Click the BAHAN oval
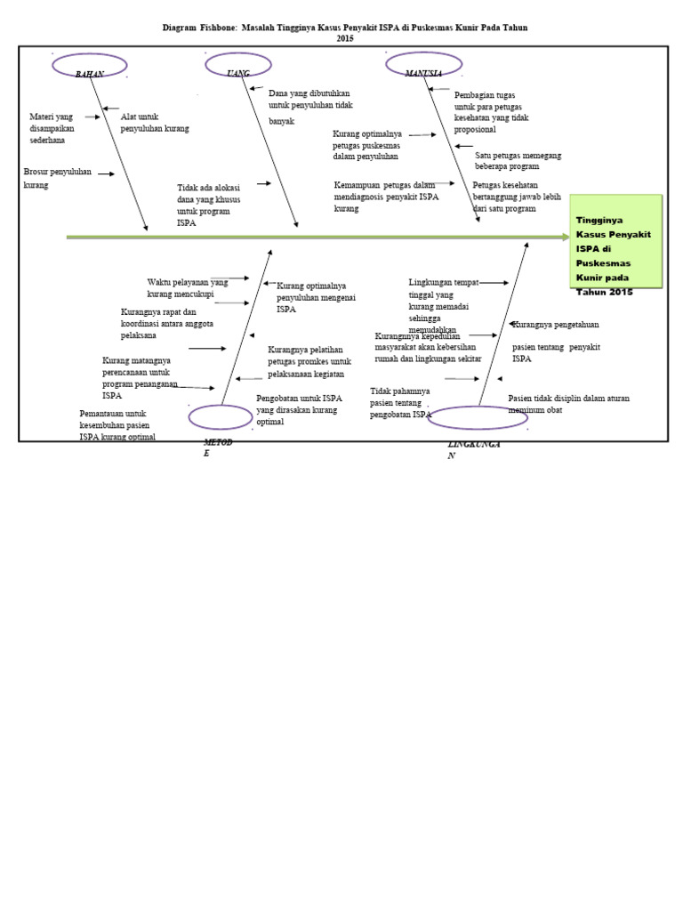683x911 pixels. [90, 65]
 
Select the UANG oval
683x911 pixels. [237, 65]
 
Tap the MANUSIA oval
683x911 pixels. [423, 64]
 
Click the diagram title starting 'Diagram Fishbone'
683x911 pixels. [345, 33]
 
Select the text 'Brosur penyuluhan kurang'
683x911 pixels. [57, 178]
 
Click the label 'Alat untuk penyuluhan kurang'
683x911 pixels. [155, 123]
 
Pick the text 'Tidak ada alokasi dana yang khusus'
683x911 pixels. [208, 206]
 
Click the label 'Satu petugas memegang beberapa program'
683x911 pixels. [518, 160]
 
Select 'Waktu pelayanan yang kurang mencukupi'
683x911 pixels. [188, 287]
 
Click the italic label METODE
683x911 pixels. [218, 447]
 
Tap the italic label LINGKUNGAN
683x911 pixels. [473, 448]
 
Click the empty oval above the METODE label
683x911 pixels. [220, 417]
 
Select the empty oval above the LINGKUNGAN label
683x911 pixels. [478, 417]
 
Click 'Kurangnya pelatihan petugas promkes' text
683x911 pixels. [309, 362]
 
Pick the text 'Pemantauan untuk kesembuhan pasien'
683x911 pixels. [117, 425]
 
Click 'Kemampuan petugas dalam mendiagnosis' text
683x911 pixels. [385, 197]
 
